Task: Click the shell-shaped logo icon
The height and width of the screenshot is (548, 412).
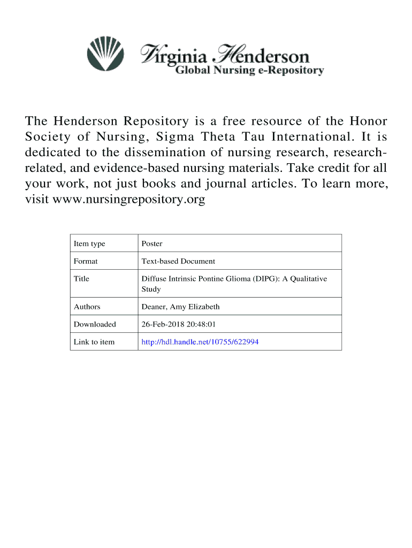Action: coord(105,54)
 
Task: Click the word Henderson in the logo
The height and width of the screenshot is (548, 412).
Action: coord(262,55)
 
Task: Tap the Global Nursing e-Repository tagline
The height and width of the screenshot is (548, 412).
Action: coord(250,70)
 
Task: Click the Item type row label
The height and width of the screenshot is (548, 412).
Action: coord(89,244)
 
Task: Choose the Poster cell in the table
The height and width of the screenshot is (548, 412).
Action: coord(152,244)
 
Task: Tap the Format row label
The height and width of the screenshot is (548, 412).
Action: coord(86,261)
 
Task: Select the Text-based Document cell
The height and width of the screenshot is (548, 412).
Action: coord(178,261)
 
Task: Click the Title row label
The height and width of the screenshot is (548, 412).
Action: coord(81,279)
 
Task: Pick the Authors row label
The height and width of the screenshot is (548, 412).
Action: coord(87,307)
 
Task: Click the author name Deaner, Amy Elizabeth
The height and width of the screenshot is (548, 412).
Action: coord(180,307)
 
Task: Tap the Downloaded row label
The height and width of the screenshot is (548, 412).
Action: coord(95,324)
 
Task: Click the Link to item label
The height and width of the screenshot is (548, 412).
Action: coord(94,342)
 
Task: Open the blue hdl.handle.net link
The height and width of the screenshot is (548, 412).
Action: coord(200,342)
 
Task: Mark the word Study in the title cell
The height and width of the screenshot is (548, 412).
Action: coord(151,290)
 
